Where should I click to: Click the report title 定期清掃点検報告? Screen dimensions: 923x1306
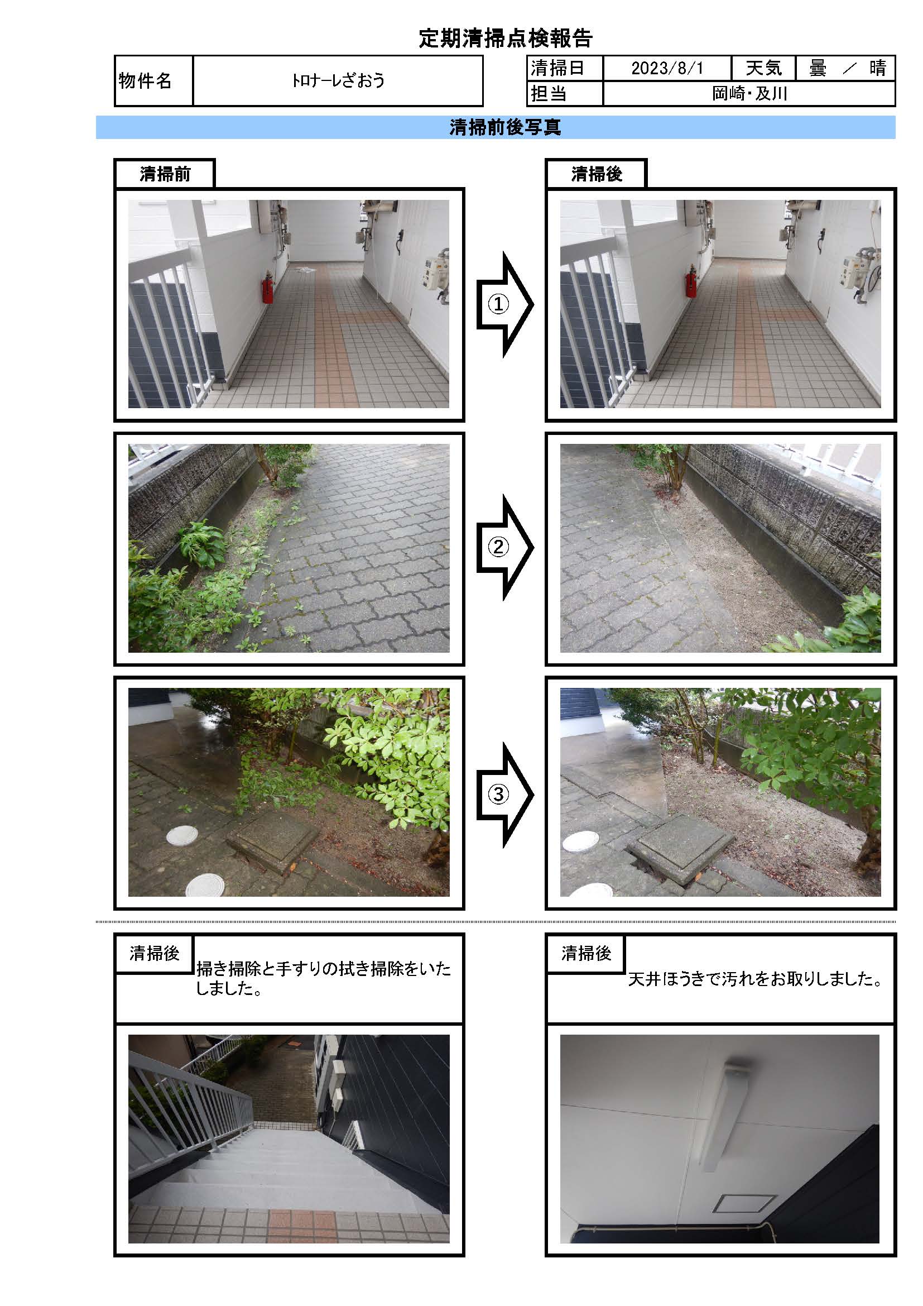[x=505, y=38]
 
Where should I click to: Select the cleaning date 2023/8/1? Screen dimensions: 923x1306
[x=667, y=68]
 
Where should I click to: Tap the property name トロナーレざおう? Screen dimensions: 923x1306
[x=338, y=80]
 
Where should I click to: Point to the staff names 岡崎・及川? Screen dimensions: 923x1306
[x=749, y=93]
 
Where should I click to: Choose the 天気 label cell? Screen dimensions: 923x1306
[x=763, y=68]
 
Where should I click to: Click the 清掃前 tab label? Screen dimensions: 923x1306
[x=165, y=174]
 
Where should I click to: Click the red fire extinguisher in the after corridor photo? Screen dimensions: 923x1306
[x=690, y=282]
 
